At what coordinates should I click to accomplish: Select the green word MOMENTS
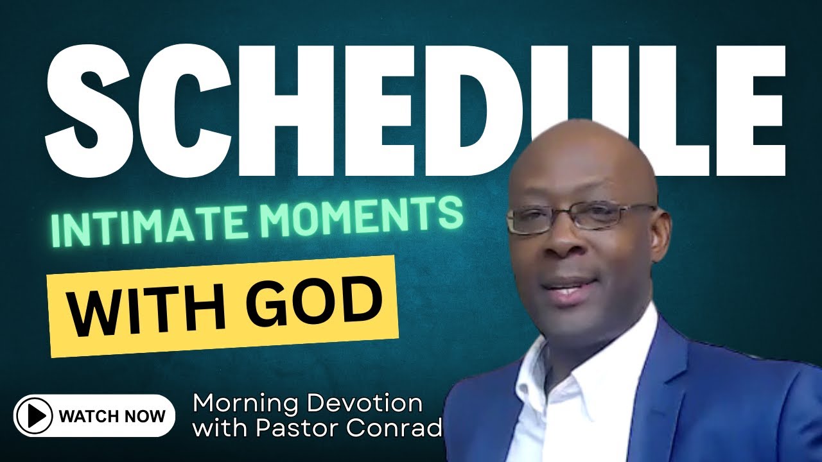coord(360,216)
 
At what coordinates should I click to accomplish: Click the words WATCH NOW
coord(112,416)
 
